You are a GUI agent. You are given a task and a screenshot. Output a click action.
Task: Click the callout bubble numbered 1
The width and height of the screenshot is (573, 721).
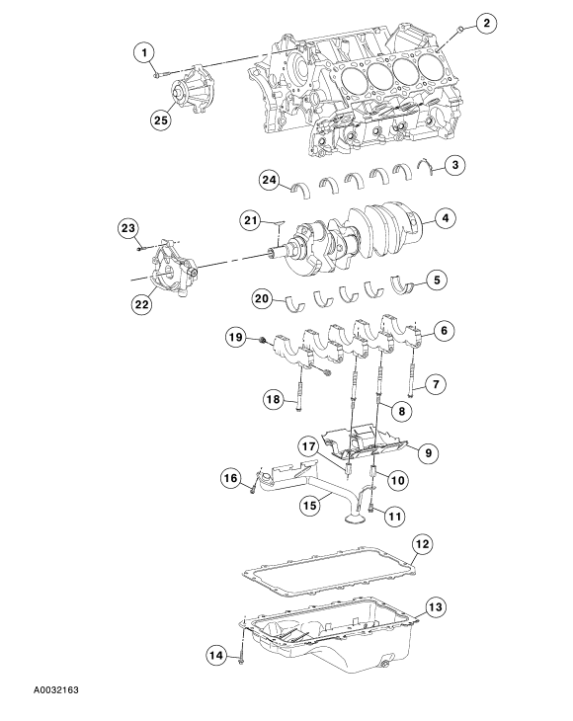[145, 53]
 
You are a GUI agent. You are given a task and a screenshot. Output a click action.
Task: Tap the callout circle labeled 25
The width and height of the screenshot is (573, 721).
[161, 120]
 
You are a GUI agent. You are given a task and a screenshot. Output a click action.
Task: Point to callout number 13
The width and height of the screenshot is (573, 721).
[435, 607]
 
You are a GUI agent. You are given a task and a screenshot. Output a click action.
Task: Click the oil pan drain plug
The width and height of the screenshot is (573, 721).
[385, 666]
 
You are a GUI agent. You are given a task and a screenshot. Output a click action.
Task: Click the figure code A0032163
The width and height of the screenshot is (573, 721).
[56, 689]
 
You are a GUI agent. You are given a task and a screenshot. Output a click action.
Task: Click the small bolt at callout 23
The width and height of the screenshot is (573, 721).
[141, 249]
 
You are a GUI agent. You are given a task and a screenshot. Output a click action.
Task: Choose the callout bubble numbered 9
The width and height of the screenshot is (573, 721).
[428, 453]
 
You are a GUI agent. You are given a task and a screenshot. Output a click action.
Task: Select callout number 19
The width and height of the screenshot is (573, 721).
[236, 338]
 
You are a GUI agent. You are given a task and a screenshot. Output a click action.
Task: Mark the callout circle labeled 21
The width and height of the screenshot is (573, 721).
[251, 220]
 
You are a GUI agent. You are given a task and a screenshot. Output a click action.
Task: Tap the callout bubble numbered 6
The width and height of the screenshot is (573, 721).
[445, 331]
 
